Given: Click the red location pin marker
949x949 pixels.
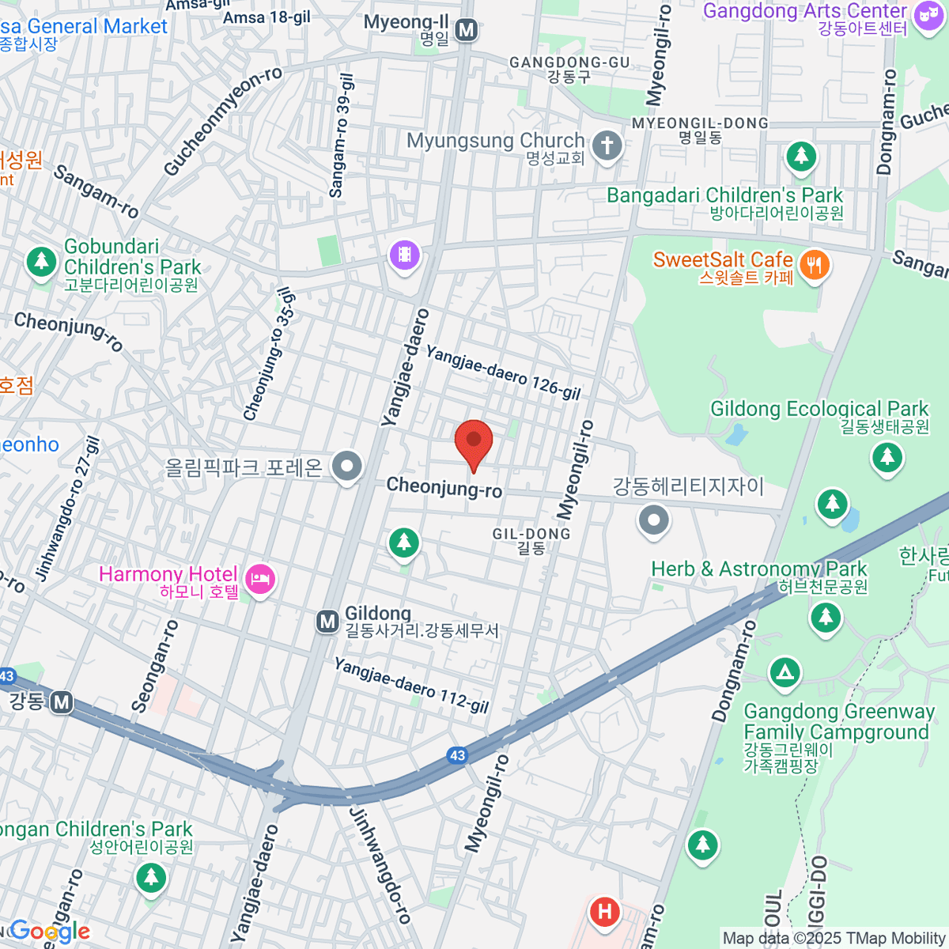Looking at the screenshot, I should (474, 442).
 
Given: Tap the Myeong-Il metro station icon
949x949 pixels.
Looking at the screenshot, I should (467, 31).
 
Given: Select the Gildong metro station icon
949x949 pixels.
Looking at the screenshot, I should (327, 622).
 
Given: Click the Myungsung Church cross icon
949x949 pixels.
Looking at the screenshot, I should (607, 146).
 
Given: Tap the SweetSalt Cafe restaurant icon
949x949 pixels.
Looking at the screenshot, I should (815, 265).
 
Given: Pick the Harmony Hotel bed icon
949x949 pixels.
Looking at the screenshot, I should (261, 580).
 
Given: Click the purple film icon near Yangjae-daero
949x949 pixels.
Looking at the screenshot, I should (404, 255).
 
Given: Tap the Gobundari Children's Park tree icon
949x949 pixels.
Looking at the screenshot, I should (40, 260).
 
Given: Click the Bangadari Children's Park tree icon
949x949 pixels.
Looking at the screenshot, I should (801, 156).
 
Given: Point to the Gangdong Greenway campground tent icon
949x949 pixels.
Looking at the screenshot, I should (785, 673).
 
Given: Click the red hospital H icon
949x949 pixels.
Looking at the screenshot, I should (605, 912).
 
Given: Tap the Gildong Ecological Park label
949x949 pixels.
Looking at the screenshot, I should (819, 410).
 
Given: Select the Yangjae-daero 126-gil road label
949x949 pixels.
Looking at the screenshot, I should (503, 372).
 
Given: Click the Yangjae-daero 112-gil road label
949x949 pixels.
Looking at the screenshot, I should (411, 685).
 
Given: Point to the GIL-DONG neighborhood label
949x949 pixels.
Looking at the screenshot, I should (531, 535).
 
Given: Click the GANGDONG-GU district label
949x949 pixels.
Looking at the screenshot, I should (569, 62).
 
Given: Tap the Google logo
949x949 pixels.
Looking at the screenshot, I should (49, 932).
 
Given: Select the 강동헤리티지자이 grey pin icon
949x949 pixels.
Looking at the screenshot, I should (653, 520).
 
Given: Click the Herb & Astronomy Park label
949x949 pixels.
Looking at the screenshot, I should (758, 569).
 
